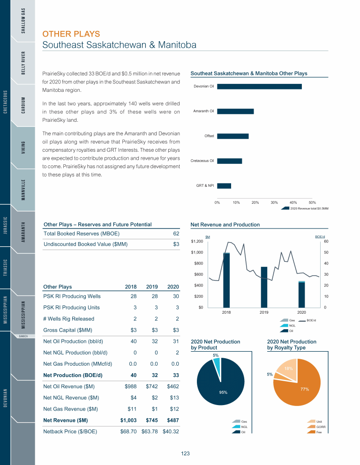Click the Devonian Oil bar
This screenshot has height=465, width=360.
[x=259, y=86]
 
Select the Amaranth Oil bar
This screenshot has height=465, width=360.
[x=235, y=111]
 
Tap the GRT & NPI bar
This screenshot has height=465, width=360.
[x=224, y=186]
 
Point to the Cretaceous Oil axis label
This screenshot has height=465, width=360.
[x=202, y=161]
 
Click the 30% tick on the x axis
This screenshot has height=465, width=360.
[x=274, y=202]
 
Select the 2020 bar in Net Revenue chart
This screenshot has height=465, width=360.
[x=301, y=295]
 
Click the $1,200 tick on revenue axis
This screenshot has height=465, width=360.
[x=197, y=242]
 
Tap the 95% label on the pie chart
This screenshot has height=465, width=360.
[x=223, y=392]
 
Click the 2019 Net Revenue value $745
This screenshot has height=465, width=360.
[x=150, y=420]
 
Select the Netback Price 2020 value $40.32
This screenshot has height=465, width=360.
[x=171, y=431]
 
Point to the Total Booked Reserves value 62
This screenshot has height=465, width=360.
[x=176, y=233]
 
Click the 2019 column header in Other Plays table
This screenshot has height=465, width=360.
[x=151, y=287]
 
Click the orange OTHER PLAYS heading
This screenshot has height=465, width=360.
[x=71, y=34]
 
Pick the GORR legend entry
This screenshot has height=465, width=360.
[x=321, y=427]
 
